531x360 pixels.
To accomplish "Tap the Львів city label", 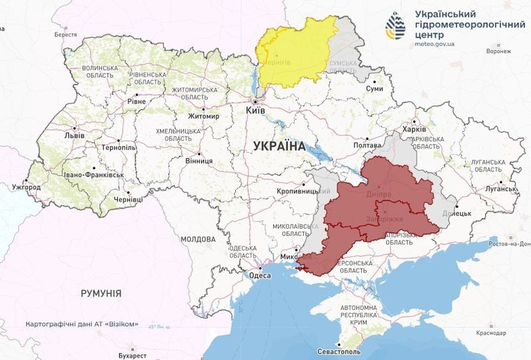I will coord(73,135).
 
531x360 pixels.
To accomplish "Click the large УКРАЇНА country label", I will coord(279,146).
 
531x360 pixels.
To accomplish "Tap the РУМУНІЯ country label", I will coord(101,293).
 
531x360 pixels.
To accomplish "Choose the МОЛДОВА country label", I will coord(198,239).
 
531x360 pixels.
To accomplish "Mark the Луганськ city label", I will coord(500,189).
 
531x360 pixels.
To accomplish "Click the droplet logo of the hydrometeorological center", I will coord(395,26).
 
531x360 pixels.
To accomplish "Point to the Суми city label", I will coord(375,88).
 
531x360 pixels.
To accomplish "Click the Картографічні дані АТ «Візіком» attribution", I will coord(83,324).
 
